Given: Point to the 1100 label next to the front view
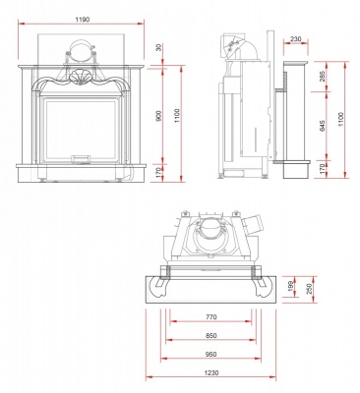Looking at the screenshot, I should (x=177, y=114).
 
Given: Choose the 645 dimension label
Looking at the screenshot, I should (x=324, y=127).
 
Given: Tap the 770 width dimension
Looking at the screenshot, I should (x=210, y=317).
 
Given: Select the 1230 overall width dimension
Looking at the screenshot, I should (x=210, y=374).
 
